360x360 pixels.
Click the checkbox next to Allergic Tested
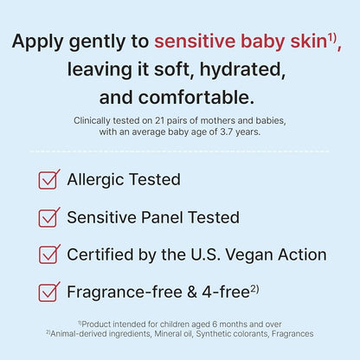click(x=48, y=180)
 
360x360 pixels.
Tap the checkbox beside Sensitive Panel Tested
click(x=48, y=217)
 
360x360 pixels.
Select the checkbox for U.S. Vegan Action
click(x=48, y=254)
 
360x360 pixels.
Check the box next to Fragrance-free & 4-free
click(x=48, y=292)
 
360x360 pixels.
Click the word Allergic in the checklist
click(x=98, y=180)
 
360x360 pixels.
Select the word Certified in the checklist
click(x=101, y=254)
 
